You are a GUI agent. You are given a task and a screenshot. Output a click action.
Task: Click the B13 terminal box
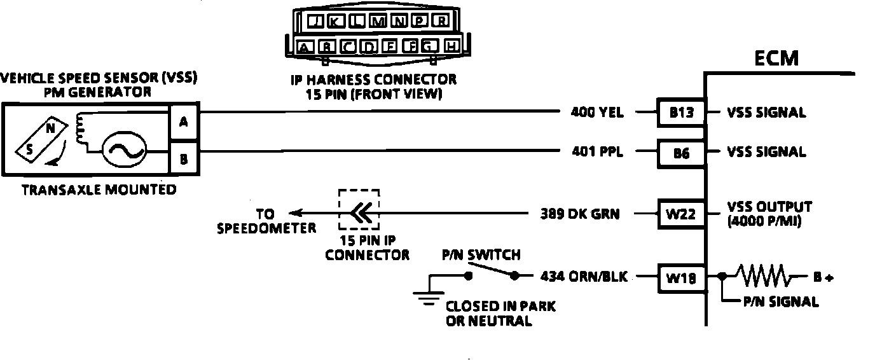click(680, 113)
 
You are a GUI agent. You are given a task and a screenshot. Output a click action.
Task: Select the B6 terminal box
click(680, 153)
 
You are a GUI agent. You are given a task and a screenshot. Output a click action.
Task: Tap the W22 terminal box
click(680, 214)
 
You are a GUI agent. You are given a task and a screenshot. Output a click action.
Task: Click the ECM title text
click(776, 59)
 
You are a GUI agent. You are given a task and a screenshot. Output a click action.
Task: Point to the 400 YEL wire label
click(597, 113)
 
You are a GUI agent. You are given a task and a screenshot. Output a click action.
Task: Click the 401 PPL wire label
click(598, 153)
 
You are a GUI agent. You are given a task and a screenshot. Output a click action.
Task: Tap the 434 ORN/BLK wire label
click(584, 277)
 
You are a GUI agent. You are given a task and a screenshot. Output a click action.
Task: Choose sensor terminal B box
click(183, 159)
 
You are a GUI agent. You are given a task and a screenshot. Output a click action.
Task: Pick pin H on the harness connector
click(451, 46)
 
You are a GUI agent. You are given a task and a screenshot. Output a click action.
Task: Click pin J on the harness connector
click(314, 21)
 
